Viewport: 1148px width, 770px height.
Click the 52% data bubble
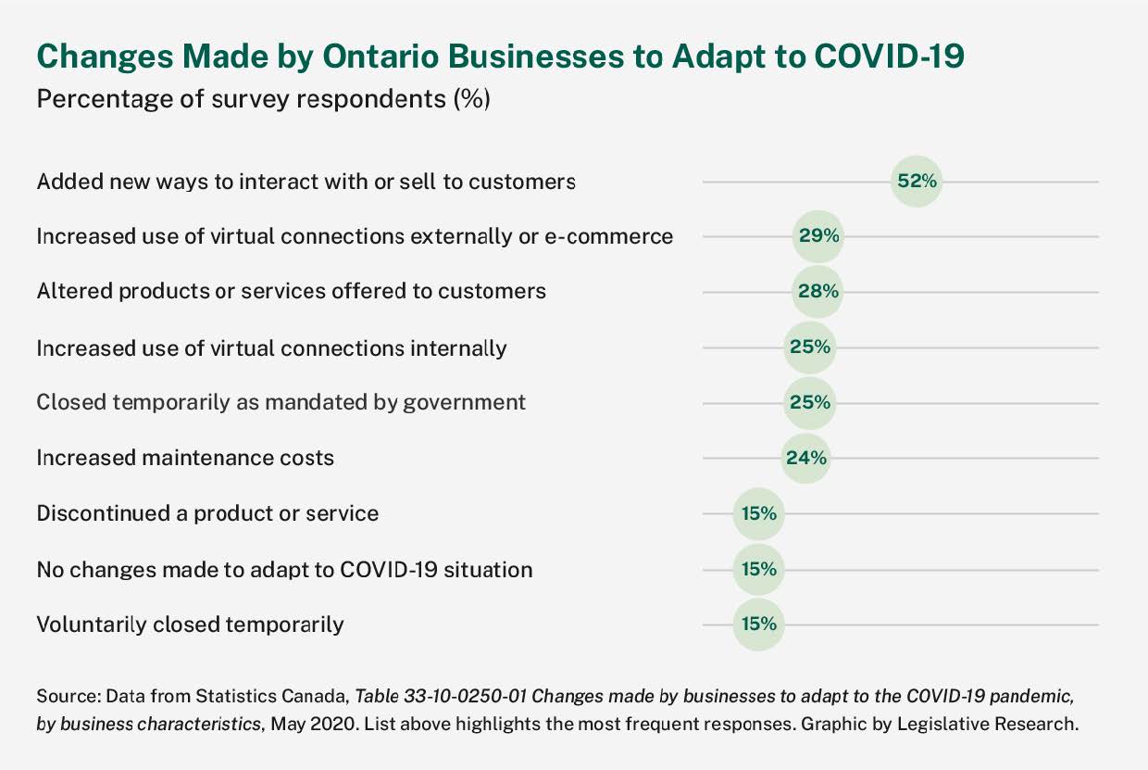pos(917,181)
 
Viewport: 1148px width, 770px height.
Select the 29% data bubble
pos(818,236)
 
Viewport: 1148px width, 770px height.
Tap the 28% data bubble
pos(818,292)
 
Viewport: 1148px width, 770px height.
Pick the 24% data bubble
pos(805,458)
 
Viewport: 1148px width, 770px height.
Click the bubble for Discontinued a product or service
pos(758,513)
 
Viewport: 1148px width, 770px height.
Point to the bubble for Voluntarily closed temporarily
pos(758,624)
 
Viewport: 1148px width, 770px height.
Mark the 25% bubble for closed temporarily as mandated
pos(809,403)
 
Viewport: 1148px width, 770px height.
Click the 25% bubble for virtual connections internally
pos(809,347)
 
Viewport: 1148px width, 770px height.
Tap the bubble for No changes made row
pos(758,569)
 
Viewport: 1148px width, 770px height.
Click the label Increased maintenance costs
pos(185,458)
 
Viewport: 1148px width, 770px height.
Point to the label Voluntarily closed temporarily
pos(190,625)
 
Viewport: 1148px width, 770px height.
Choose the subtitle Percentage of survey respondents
pos(263,99)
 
